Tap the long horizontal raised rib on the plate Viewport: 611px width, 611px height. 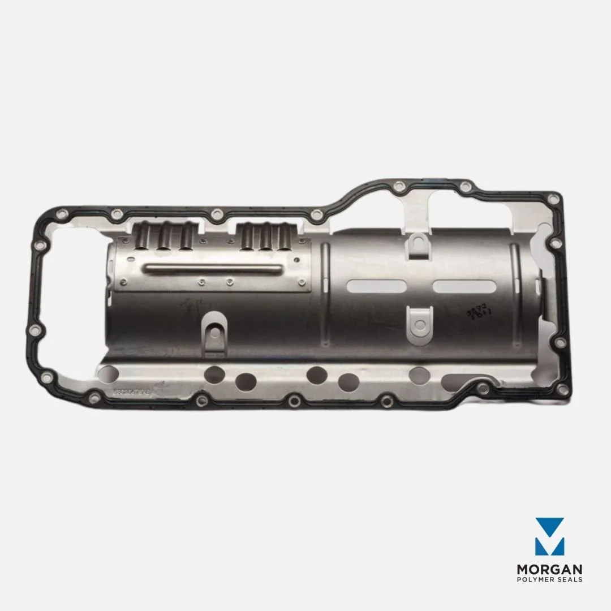coord(212,269)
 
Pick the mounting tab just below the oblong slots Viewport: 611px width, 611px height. coord(419,321)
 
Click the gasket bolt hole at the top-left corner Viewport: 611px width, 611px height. coord(62,213)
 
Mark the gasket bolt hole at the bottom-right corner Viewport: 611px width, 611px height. coord(562,389)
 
